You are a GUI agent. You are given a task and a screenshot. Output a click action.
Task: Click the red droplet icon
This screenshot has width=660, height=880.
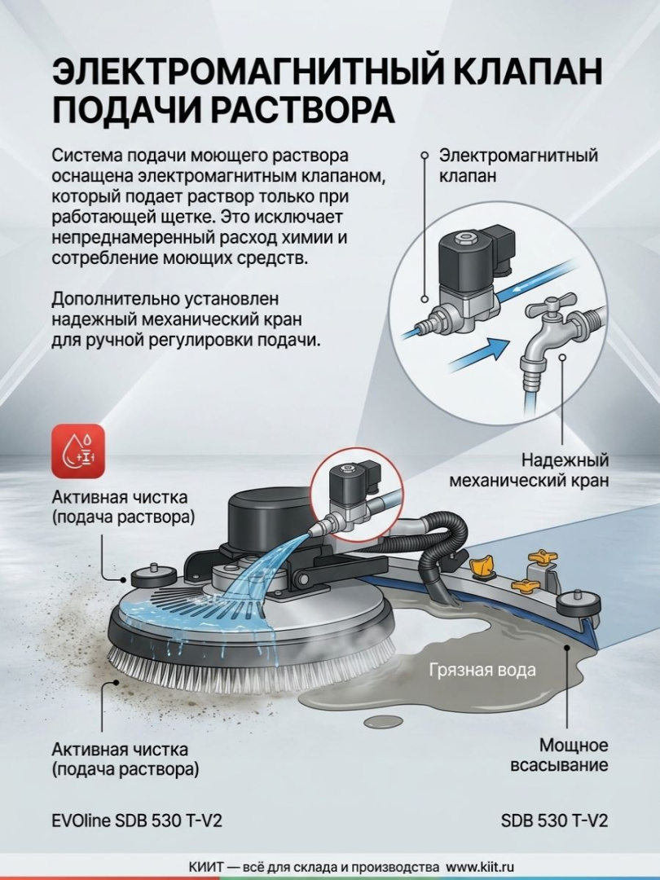point(78,451)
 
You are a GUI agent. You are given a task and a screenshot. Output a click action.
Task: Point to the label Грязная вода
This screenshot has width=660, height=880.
point(482,670)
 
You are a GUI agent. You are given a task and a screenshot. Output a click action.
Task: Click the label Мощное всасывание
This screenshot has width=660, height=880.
point(559,755)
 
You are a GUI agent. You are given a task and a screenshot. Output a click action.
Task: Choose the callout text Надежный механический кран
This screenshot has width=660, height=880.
point(530,470)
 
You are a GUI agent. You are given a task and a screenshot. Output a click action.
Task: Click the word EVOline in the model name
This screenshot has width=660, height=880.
point(81,821)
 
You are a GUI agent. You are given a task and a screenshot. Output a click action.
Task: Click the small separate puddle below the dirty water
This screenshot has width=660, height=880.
point(381,720)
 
